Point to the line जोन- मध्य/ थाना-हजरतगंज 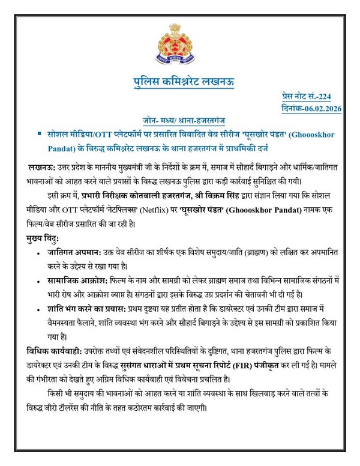181,120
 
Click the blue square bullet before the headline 40,133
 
